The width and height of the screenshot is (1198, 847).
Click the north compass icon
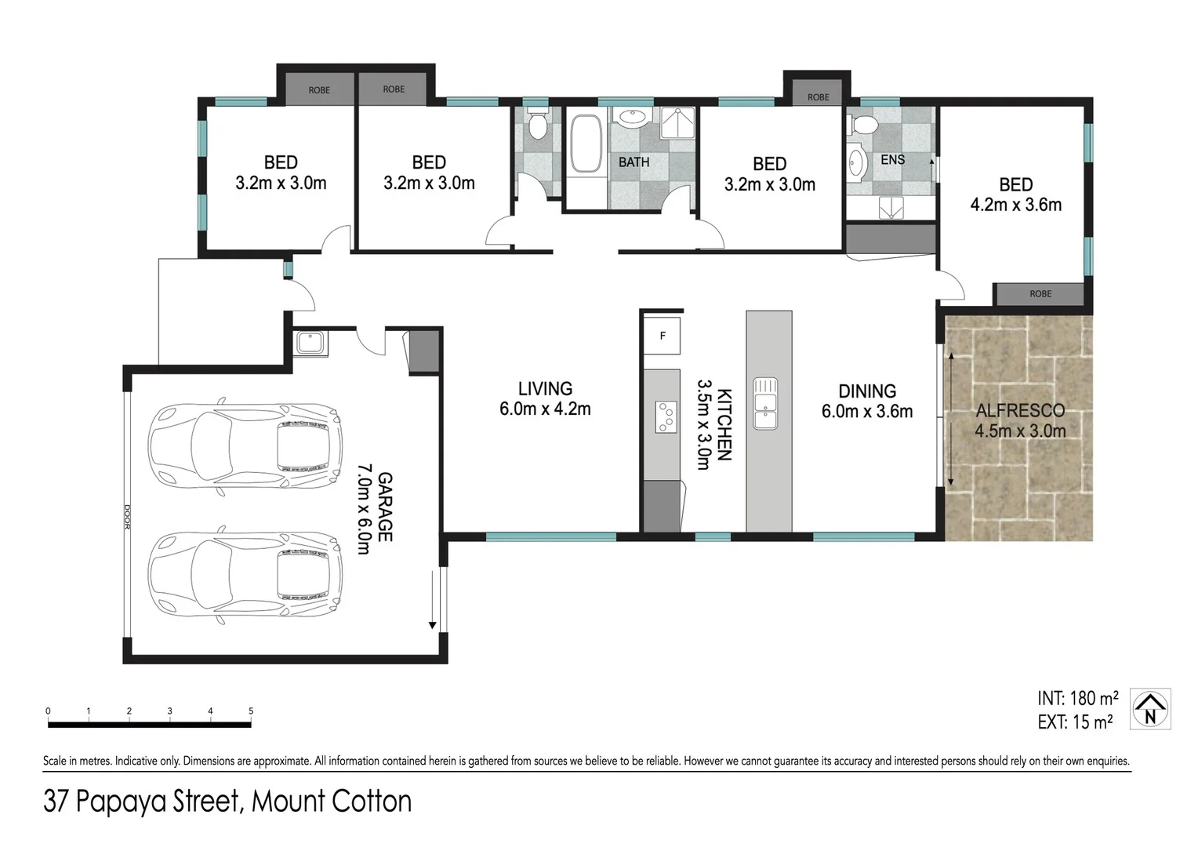1150,708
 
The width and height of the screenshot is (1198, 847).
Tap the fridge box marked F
663,336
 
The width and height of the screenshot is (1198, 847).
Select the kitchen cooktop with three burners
666,416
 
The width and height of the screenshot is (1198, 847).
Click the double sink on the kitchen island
765,403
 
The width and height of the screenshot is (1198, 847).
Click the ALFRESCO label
1019,410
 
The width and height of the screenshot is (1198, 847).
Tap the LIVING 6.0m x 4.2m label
545,398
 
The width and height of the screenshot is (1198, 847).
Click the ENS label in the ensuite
892,160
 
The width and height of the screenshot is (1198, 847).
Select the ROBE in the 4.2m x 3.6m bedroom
1040,294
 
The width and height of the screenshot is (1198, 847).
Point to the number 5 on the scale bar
251,711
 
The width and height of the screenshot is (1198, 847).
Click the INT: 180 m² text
1077,698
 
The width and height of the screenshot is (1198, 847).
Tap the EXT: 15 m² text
1075,722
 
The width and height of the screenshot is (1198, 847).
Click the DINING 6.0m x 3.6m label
867,401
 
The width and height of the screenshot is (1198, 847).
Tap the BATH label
633,162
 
